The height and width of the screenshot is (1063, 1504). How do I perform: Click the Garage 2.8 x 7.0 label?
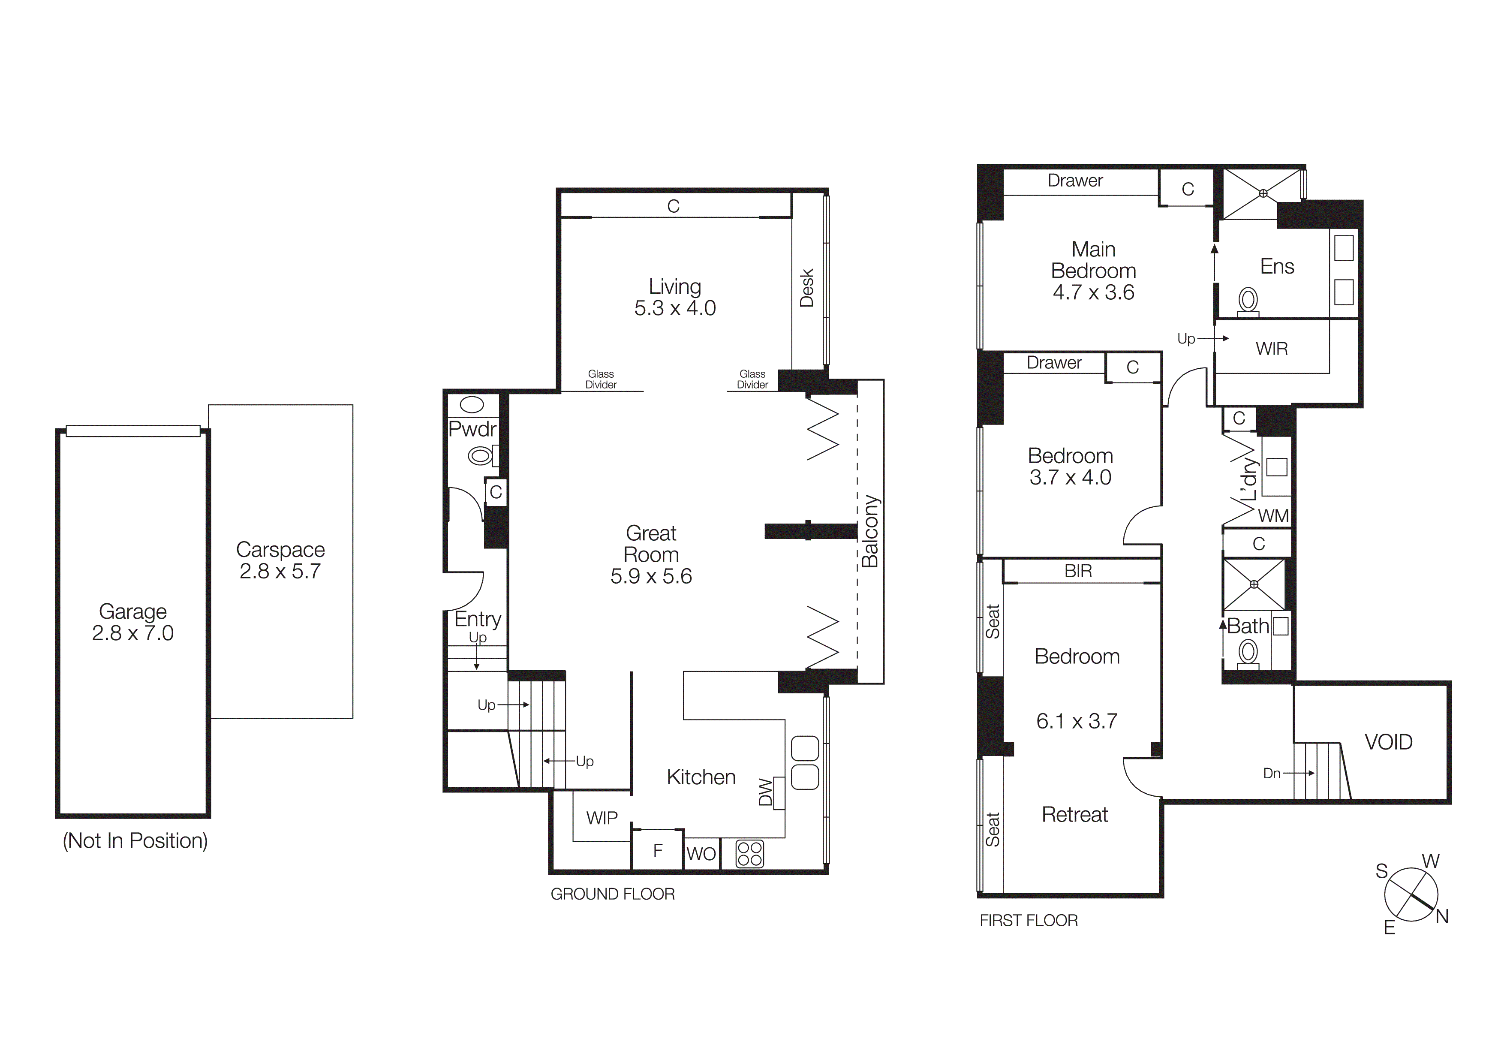[132, 622]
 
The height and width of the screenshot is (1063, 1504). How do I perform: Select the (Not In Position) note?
[135, 840]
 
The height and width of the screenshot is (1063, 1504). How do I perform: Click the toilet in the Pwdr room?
[480, 455]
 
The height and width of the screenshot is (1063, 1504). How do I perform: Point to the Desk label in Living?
[807, 288]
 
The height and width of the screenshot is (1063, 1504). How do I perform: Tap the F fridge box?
[658, 850]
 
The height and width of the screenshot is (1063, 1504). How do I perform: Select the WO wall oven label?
[701, 854]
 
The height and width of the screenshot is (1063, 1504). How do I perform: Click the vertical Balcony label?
[870, 531]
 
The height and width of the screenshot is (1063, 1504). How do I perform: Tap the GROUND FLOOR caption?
[613, 894]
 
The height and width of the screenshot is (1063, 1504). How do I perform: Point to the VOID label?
[1388, 742]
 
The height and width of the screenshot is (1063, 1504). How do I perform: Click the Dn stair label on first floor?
[1272, 774]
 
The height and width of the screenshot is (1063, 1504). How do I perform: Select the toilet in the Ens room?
[1248, 301]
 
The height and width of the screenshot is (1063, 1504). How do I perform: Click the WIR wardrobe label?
[1272, 349]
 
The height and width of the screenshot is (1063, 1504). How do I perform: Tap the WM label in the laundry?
[1273, 516]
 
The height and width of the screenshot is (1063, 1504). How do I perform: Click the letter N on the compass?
[1442, 916]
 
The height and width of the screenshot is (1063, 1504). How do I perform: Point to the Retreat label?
[1074, 814]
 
